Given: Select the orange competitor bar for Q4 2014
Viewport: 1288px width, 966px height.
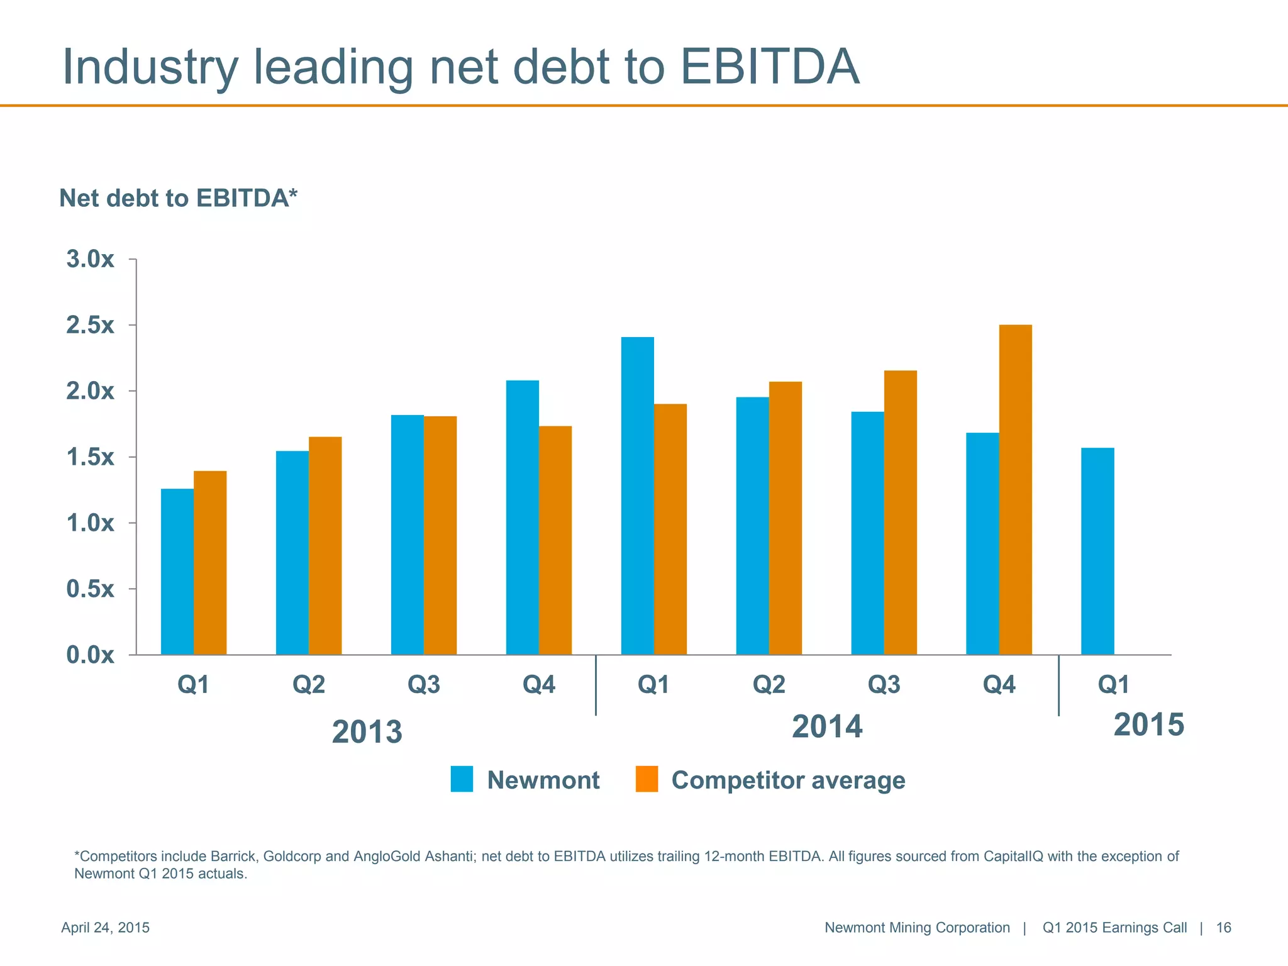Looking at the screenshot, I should click(1015, 490).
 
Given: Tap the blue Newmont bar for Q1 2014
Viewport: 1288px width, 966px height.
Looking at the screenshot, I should click(637, 496).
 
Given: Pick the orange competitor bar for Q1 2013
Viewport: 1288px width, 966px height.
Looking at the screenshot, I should click(210, 563).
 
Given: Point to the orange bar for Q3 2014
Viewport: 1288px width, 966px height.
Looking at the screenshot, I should click(900, 513).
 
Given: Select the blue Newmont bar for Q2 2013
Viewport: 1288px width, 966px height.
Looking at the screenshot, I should click(292, 553).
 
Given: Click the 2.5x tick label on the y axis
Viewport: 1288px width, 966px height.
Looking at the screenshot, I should click(91, 325).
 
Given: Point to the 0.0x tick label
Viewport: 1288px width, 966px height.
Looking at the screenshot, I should click(91, 655).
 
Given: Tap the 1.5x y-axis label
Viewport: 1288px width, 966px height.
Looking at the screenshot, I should click(91, 457).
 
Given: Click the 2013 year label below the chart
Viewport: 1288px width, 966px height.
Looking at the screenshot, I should click(367, 732).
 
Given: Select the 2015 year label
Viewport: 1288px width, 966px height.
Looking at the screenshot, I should click(1148, 724).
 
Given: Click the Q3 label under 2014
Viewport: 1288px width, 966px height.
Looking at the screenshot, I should click(884, 684).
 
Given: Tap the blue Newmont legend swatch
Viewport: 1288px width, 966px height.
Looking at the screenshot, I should click(462, 779).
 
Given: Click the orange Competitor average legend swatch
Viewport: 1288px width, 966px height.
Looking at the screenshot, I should click(647, 779).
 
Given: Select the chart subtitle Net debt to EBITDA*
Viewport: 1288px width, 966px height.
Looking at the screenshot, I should click(178, 198).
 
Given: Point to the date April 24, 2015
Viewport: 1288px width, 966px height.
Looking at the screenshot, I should click(105, 928).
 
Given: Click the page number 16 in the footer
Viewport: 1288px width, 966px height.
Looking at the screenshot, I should click(1223, 928).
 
